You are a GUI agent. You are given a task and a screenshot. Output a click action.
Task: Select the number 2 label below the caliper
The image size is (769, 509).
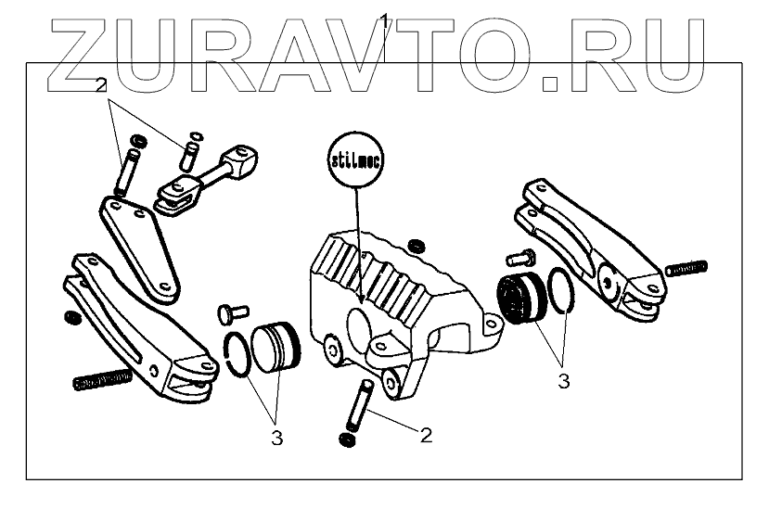(426, 434)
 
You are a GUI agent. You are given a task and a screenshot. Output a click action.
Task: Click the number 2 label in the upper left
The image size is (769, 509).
(102, 84)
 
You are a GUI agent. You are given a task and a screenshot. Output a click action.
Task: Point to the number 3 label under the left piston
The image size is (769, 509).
(276, 439)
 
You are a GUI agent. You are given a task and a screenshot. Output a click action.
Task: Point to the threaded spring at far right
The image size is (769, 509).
(686, 269)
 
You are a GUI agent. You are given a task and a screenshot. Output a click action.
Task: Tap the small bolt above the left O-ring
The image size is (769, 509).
(229, 312)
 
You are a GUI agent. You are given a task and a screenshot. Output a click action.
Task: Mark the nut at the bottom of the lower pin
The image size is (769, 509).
(348, 437)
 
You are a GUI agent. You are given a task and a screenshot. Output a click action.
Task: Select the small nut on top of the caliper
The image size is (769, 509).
(417, 245)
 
